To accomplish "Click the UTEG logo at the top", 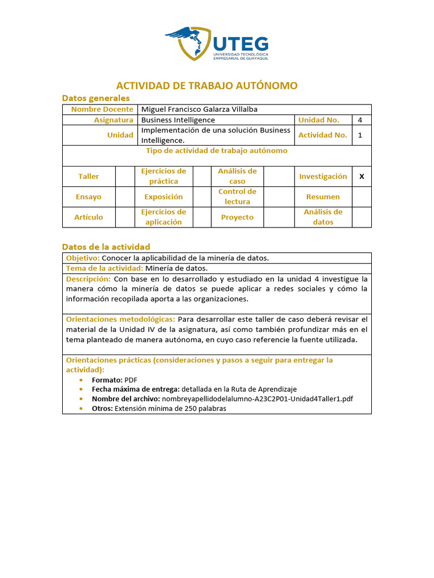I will pyautogui.click(x=217, y=43).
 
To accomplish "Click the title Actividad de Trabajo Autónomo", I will pyautogui.click(x=207, y=86).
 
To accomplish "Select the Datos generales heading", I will pyautogui.click(x=96, y=98).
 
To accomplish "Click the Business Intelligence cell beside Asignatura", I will pyautogui.click(x=178, y=120).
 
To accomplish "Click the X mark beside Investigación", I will pyautogui.click(x=362, y=177).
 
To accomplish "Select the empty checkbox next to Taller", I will pyautogui.click(x=124, y=177).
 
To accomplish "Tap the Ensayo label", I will pyautogui.click(x=89, y=197).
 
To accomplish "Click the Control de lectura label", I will pyautogui.click(x=237, y=196).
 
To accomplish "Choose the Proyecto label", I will pyautogui.click(x=237, y=217).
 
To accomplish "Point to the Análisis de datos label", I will pyautogui.click(x=323, y=217).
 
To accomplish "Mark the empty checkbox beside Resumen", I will pyautogui.click(x=362, y=197).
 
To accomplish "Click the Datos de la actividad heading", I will pyautogui.click(x=106, y=247).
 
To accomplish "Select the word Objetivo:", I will pyautogui.click(x=83, y=258).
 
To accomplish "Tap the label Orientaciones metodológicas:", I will pyautogui.click(x=120, y=319).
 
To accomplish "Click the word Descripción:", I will pyautogui.click(x=88, y=279).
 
